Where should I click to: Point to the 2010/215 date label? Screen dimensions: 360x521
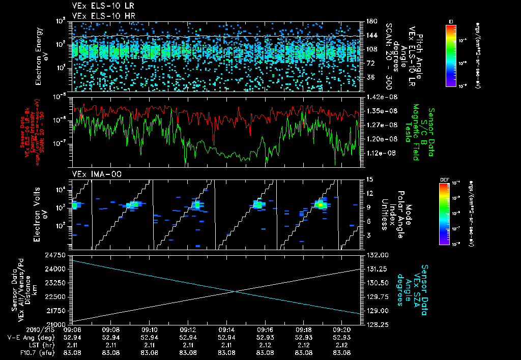[18, 329]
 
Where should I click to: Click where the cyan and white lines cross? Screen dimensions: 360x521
[235, 291]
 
